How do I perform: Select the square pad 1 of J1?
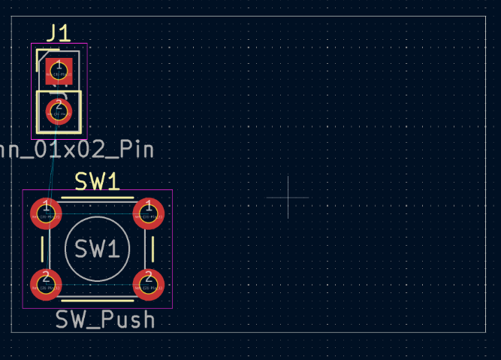[59, 71]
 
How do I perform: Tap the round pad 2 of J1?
[59, 111]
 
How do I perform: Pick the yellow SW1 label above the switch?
[97, 181]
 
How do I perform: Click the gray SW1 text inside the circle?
[97, 249]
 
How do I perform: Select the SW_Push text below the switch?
[106, 319]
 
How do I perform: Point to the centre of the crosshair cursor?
[288, 198]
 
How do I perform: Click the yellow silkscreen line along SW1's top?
[97, 198]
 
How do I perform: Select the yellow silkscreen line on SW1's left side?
[40, 249]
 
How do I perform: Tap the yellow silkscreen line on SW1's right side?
[154, 249]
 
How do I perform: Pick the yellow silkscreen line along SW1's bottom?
[97, 300]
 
